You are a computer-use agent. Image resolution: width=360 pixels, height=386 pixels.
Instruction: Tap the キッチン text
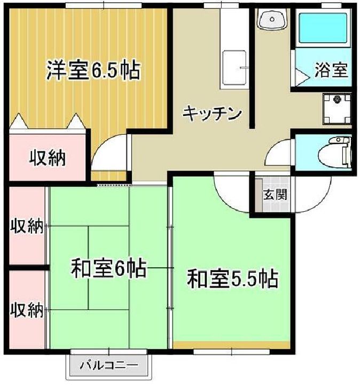(213, 113)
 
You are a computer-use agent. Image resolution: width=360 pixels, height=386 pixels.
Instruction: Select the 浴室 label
(331, 70)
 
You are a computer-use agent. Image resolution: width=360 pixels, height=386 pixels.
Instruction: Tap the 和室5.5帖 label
(232, 279)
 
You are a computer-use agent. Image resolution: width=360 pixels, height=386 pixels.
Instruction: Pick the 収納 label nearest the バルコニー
(27, 310)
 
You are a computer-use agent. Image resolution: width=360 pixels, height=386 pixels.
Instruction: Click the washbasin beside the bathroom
(272, 21)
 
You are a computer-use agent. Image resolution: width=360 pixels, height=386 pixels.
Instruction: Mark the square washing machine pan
(337, 109)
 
